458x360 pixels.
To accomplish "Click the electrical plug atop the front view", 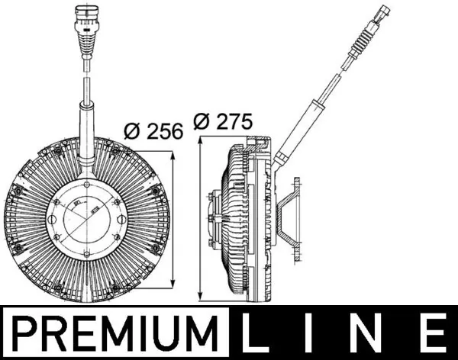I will (x=83, y=27).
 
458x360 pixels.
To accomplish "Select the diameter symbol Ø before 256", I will (x=130, y=130).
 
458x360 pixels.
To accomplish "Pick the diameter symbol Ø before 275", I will (x=202, y=121).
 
